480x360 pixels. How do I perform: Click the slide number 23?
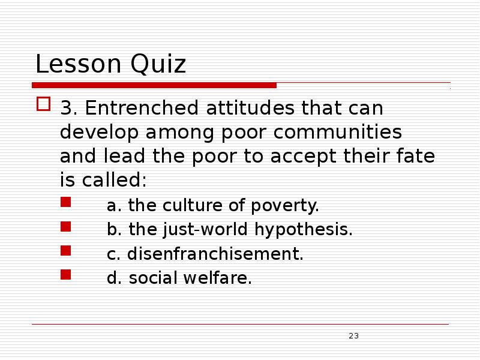click(x=353, y=335)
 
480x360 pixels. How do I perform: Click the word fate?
click(x=418, y=155)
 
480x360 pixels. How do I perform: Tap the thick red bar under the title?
click(x=154, y=85)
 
